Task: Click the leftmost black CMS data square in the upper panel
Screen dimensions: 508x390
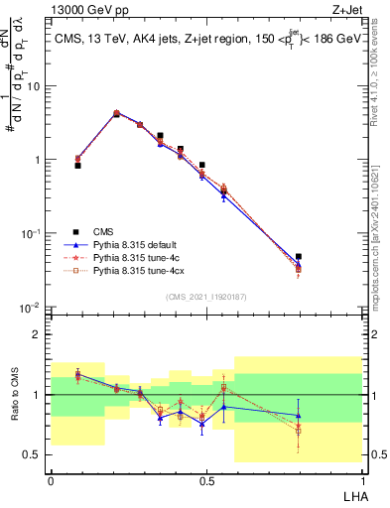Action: click(x=77, y=166)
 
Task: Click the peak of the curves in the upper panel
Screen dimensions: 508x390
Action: click(x=116, y=113)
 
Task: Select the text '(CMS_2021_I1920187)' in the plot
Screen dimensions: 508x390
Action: click(x=205, y=296)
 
